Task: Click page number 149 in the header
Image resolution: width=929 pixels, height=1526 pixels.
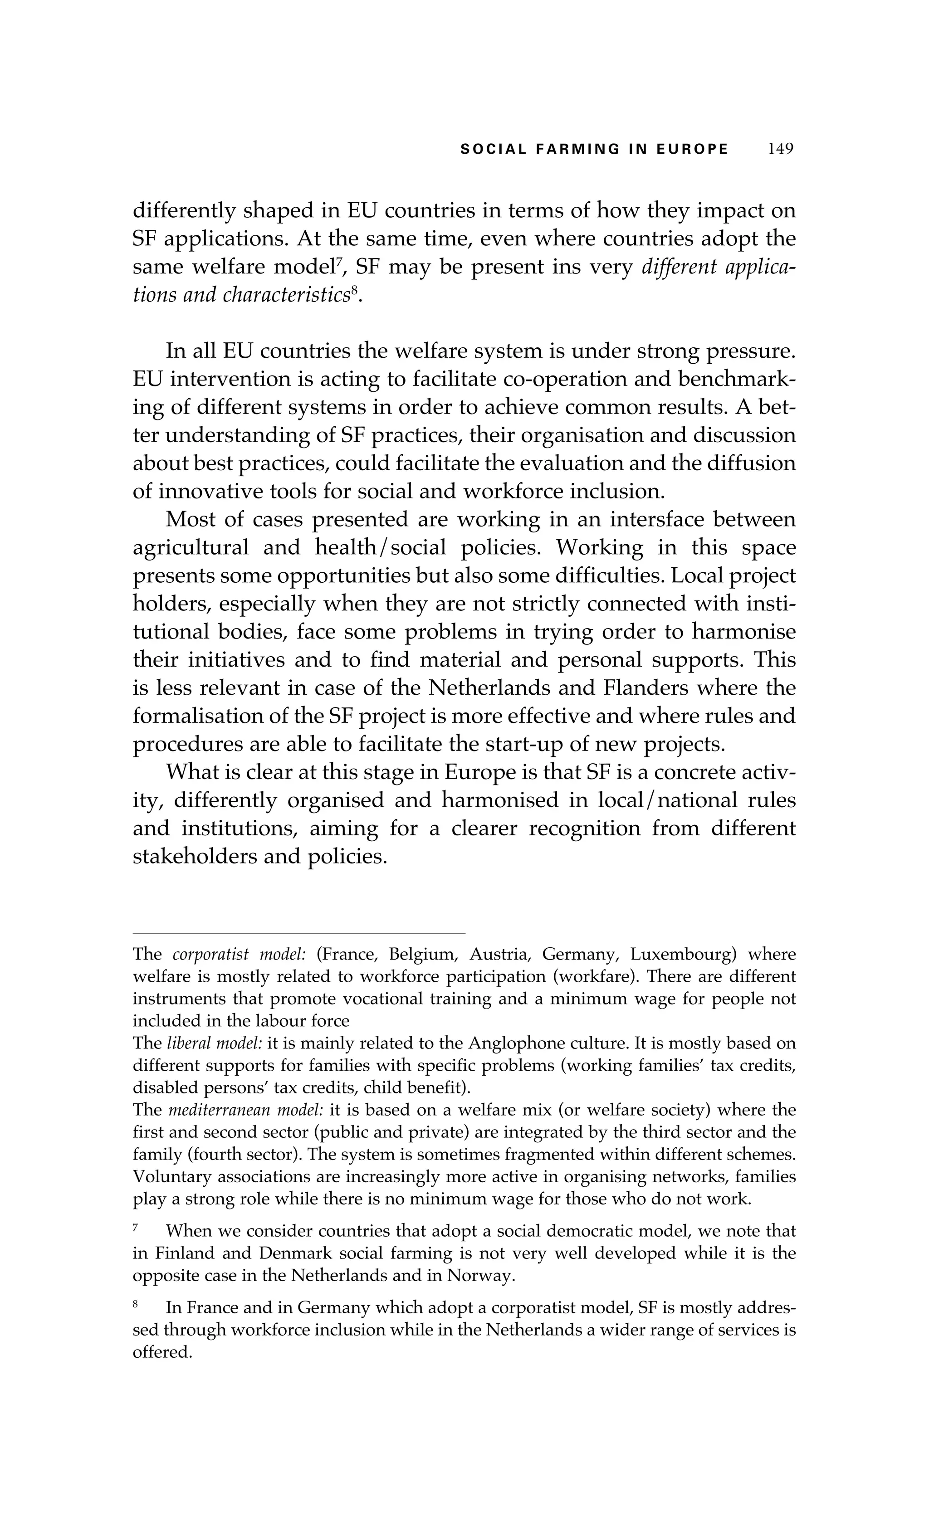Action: coord(780,149)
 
